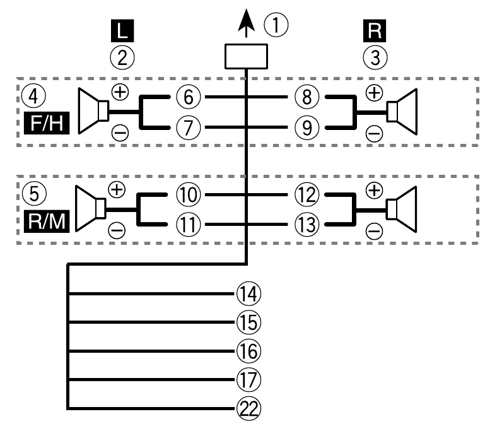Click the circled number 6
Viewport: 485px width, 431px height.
click(188, 98)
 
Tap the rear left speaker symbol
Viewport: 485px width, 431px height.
click(92, 208)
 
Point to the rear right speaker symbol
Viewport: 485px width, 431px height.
click(402, 208)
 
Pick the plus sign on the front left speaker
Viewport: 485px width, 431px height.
click(119, 92)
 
